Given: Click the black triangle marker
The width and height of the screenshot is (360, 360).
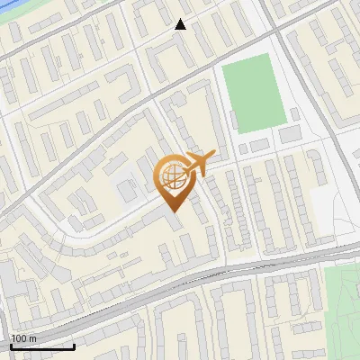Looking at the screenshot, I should [x=181, y=24].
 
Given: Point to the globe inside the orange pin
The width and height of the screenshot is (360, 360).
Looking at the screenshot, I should [x=171, y=176].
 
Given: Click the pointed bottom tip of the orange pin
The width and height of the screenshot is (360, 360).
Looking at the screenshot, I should [x=172, y=211].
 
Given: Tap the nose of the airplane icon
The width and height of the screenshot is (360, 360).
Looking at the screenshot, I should [x=214, y=156].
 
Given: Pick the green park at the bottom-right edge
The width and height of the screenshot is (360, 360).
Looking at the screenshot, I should [x=343, y=310].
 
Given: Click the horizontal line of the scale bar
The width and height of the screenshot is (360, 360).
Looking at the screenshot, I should [x=42, y=346].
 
